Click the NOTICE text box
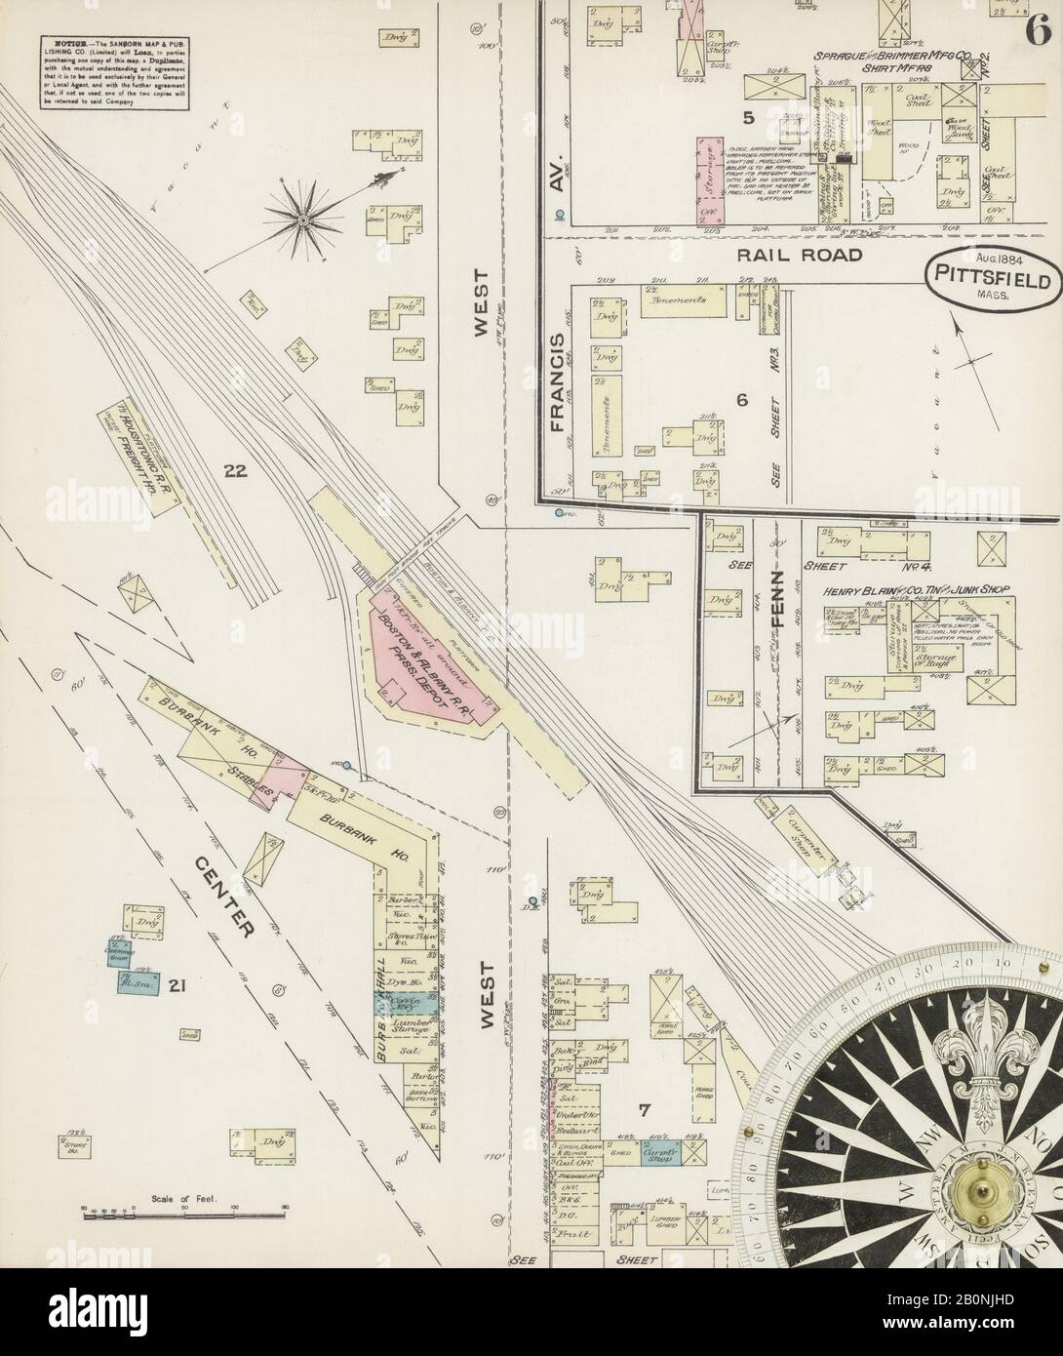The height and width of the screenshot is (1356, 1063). (x=115, y=71)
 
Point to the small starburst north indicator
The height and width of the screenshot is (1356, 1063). (x=303, y=220)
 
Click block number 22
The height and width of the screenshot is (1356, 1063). (x=234, y=473)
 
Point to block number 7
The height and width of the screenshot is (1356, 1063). (x=643, y=1109)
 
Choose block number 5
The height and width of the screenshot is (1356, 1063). (x=748, y=119)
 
